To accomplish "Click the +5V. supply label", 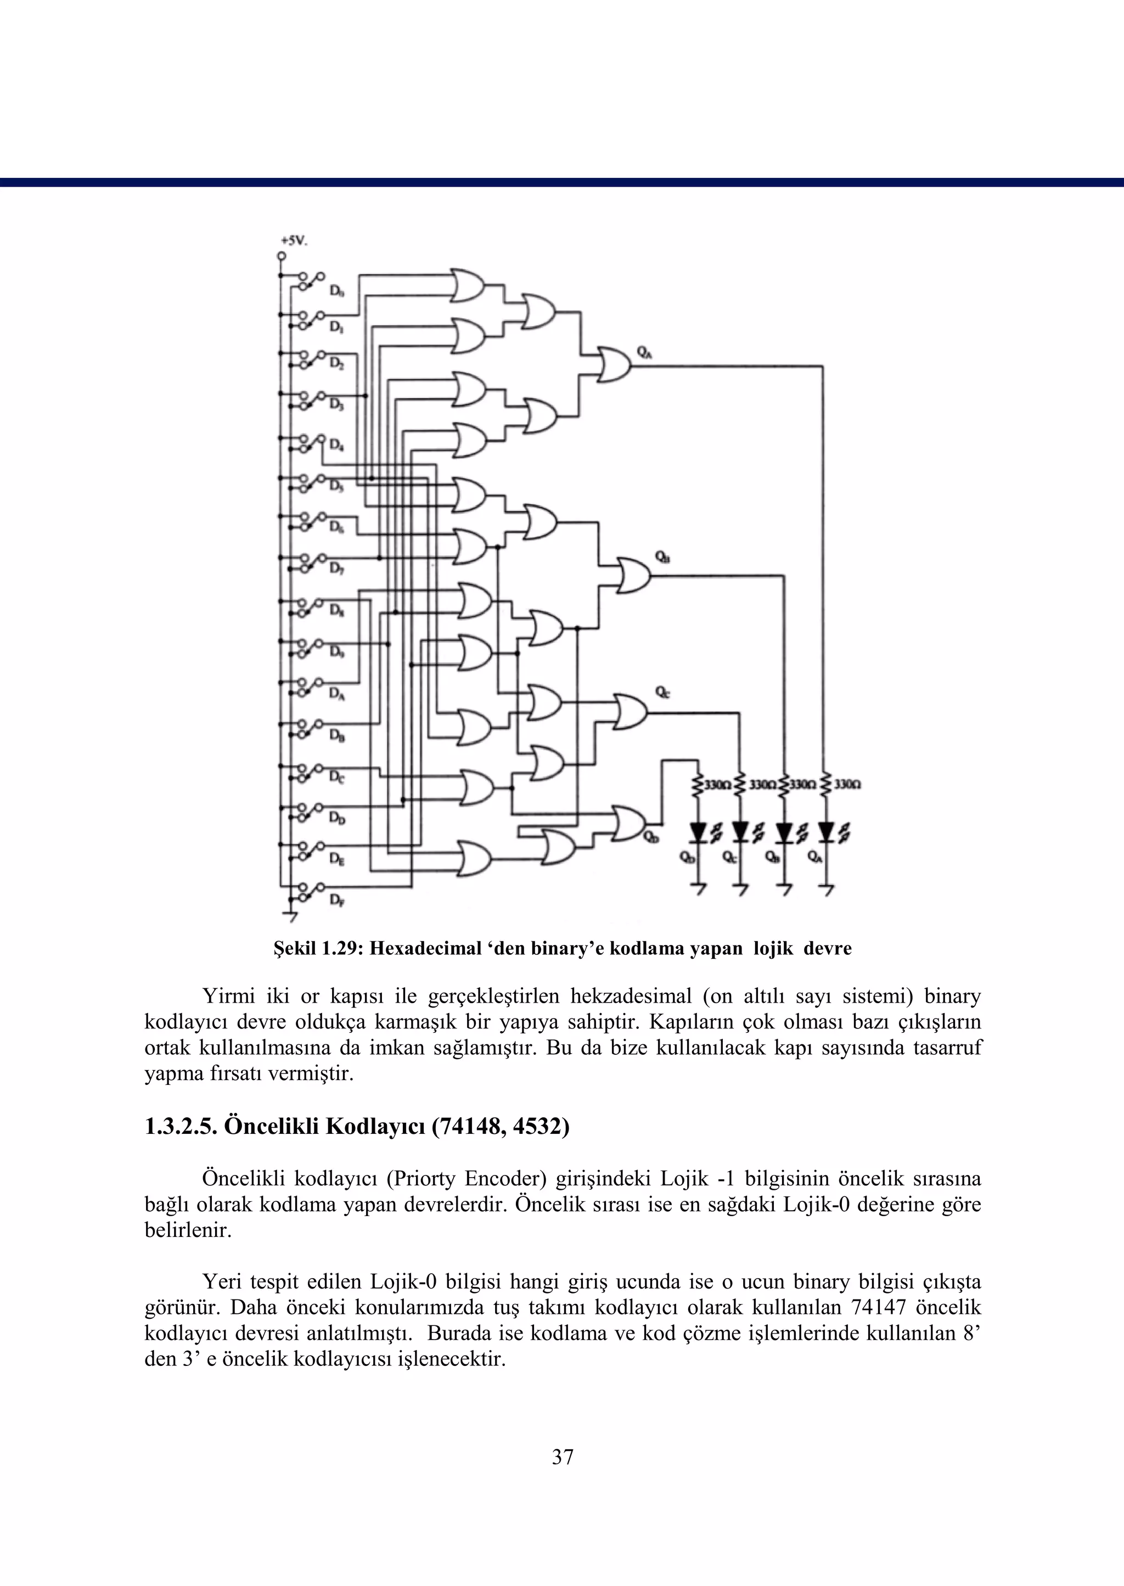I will pyautogui.click(x=294, y=241).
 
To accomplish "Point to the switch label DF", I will pyautogui.click(x=336, y=900).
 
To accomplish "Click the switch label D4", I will pyautogui.click(x=336, y=445).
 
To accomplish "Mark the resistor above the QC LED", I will pyautogui.click(x=740, y=785).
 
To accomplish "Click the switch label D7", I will pyautogui.click(x=336, y=569).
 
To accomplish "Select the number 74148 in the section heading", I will pyautogui.click(x=466, y=1127).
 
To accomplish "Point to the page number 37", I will pyautogui.click(x=563, y=1457).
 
